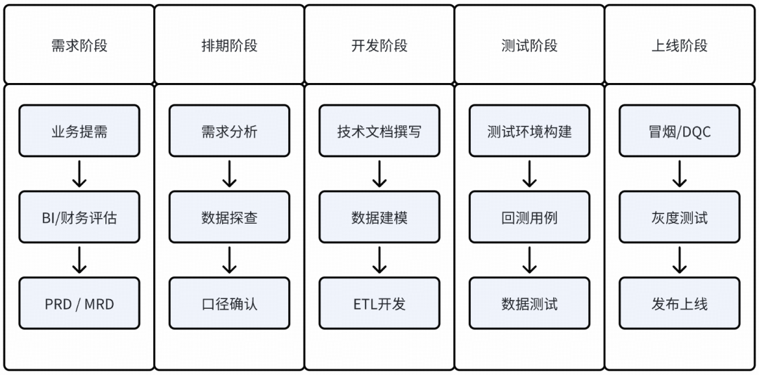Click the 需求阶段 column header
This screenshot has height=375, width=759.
(x=79, y=46)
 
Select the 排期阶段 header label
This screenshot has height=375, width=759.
(x=229, y=46)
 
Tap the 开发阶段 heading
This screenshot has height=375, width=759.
(x=379, y=46)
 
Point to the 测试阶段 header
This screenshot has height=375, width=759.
(x=529, y=46)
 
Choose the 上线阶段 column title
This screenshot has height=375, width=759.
(x=680, y=46)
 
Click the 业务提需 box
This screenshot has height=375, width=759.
(x=79, y=131)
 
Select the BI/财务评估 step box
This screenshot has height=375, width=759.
(x=79, y=217)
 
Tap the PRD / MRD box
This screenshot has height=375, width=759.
(x=79, y=303)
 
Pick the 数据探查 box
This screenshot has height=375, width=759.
(x=229, y=217)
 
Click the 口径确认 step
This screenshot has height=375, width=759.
(x=229, y=303)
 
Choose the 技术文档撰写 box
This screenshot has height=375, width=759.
(x=379, y=131)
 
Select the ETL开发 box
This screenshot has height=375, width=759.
(x=379, y=303)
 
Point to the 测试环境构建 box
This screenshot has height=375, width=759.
(x=529, y=131)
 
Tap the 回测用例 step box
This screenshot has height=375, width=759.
(x=529, y=217)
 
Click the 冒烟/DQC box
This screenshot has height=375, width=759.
(x=680, y=131)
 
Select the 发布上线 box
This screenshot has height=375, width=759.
(x=680, y=303)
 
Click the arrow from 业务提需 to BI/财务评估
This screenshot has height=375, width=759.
(x=79, y=174)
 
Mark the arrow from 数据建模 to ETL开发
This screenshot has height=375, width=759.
(x=379, y=260)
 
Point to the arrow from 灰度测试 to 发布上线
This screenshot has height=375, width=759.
(x=680, y=260)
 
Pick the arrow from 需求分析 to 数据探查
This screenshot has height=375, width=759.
(x=229, y=174)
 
